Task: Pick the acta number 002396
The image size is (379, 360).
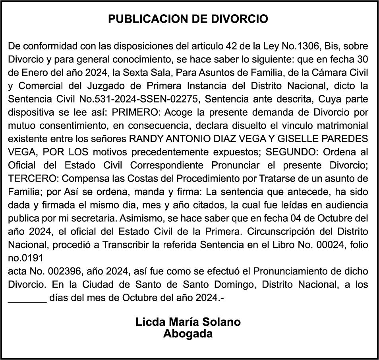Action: [62, 271]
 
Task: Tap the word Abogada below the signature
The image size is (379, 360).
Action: [188, 334]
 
